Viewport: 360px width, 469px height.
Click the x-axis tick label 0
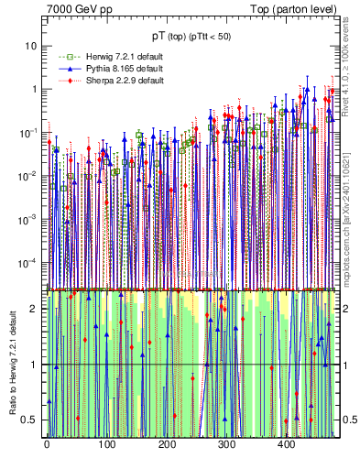(x=47, y=444)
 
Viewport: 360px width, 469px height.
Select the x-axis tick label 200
(x=166, y=444)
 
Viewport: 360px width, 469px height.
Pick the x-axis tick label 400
(x=286, y=444)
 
